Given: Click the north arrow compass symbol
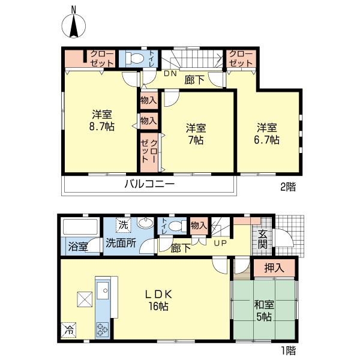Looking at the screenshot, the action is pos(74,24).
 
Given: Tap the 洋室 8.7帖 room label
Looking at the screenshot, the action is pos(102,120).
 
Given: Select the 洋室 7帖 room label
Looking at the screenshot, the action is pos(196,134).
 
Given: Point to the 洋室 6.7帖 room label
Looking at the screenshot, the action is pos(266,134).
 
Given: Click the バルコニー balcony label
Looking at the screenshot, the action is pos(149,184).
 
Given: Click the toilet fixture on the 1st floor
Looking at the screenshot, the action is pos(178,226).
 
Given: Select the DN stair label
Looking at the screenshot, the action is pos(170,74).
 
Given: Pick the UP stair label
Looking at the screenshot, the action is pos(220,243).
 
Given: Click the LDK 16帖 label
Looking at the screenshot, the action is pos(158,299).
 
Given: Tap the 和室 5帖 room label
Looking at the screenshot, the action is pos(264,311).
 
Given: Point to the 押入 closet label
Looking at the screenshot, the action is pos(274,268).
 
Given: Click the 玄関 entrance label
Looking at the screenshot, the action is pos(262,239).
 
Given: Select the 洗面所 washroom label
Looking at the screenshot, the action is pos(121,243).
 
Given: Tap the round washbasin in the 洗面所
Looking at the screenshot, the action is pos(145,223).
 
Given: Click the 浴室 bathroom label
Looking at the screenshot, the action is pos(78,247).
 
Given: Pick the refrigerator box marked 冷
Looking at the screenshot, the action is pos(68,330).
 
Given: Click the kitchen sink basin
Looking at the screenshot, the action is pos(103,290).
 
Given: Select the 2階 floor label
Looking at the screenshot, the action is pos(288,187).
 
